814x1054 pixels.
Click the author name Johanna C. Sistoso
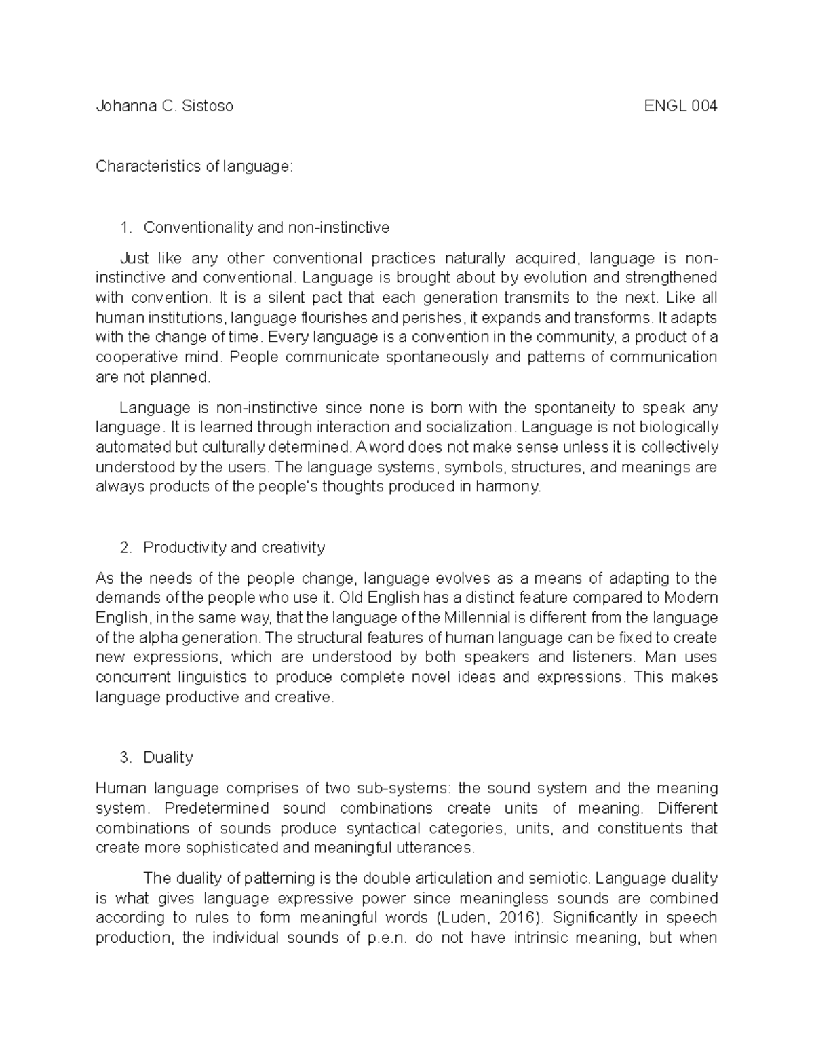pos(164,106)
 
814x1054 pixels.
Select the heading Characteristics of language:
pos(195,166)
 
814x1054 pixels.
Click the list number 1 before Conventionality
pos(124,227)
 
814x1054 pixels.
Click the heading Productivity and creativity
pos(234,547)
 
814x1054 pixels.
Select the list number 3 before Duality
pos(124,757)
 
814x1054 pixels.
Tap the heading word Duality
pos(168,757)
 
